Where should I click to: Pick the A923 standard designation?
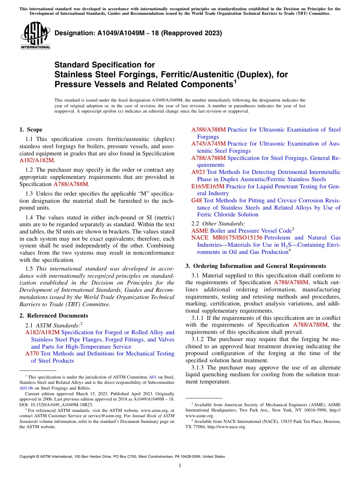click(x=198, y=172)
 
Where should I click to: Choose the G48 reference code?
click(x=197, y=200)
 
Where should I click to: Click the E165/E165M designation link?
click(x=208, y=186)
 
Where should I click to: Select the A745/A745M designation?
click(x=208, y=144)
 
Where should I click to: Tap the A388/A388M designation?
click(x=208, y=130)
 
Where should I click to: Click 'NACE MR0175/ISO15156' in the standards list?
click(x=227, y=238)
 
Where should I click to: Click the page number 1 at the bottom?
click(x=180, y=466)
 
